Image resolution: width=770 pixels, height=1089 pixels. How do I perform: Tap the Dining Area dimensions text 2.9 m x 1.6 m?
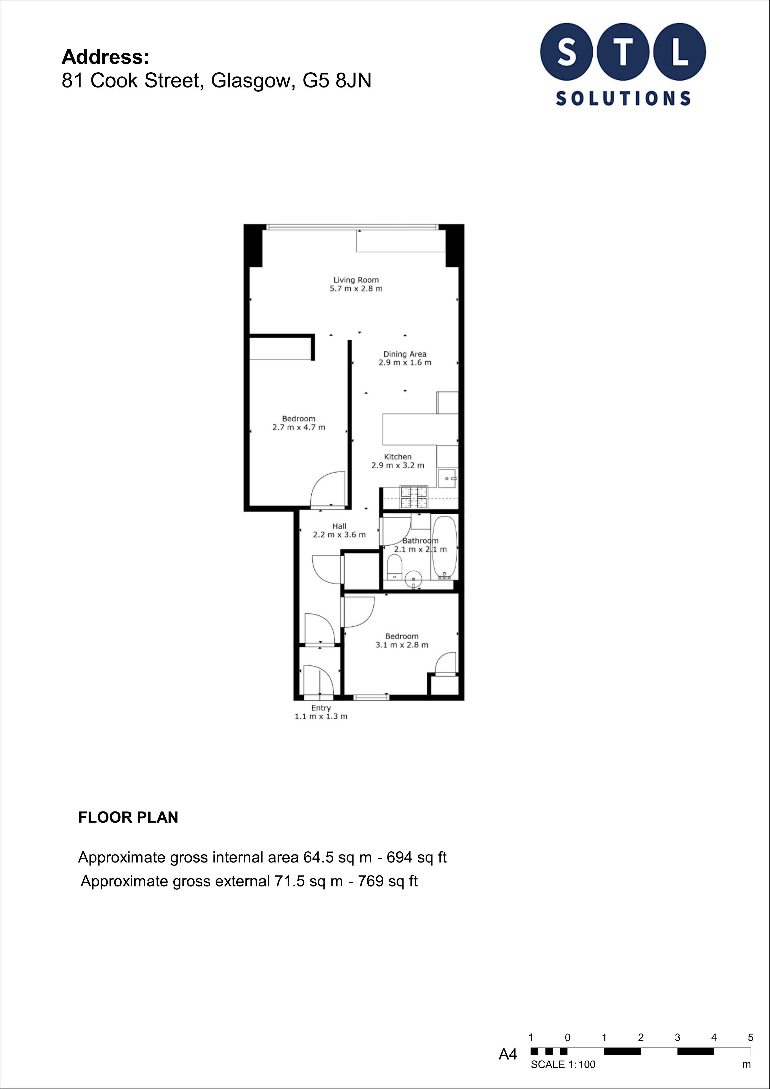click(x=405, y=363)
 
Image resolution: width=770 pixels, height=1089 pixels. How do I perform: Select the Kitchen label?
click(x=398, y=457)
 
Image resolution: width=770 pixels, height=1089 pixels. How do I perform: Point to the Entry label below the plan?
click(x=321, y=708)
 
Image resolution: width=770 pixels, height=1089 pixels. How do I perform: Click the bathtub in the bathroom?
click(x=444, y=548)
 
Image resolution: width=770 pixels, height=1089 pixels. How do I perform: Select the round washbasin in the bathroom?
click(x=414, y=578)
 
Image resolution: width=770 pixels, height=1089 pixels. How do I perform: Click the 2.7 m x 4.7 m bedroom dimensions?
click(x=299, y=427)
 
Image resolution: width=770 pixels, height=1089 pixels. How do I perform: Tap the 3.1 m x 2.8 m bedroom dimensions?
click(x=402, y=645)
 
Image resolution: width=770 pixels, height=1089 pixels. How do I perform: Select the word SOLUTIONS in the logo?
click(x=623, y=98)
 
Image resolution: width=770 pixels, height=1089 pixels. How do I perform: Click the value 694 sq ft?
click(x=417, y=857)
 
